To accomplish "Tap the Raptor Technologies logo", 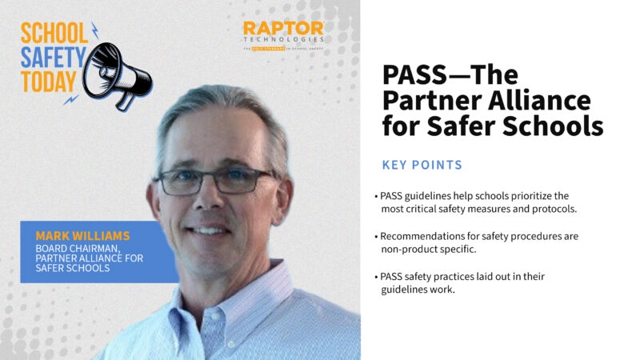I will tap(284, 35).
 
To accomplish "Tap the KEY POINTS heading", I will tap(422, 165).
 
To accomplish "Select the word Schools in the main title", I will tap(559, 126).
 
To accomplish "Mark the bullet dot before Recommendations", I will tap(375, 237).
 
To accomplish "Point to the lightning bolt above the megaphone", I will tap(95, 30).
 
